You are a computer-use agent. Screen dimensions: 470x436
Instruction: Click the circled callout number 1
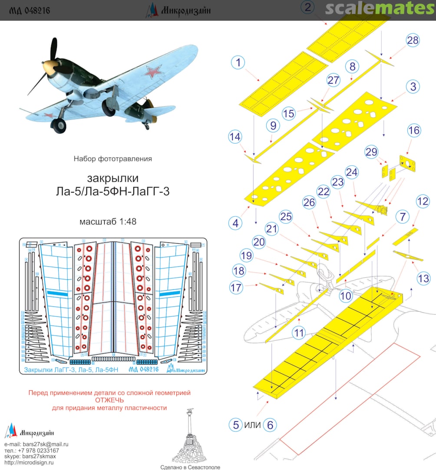point(238,63)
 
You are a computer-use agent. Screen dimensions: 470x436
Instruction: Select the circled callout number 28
point(413,40)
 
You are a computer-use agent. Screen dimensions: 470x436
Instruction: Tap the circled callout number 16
point(414,130)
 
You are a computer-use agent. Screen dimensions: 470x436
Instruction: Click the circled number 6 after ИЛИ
point(270,425)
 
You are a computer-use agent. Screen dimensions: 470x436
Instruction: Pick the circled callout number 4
point(235,224)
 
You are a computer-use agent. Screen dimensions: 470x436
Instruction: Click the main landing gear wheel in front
point(58,125)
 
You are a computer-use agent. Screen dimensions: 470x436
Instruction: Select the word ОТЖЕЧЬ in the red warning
point(109,400)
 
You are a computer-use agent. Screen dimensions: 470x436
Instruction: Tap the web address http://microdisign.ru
point(29,463)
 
